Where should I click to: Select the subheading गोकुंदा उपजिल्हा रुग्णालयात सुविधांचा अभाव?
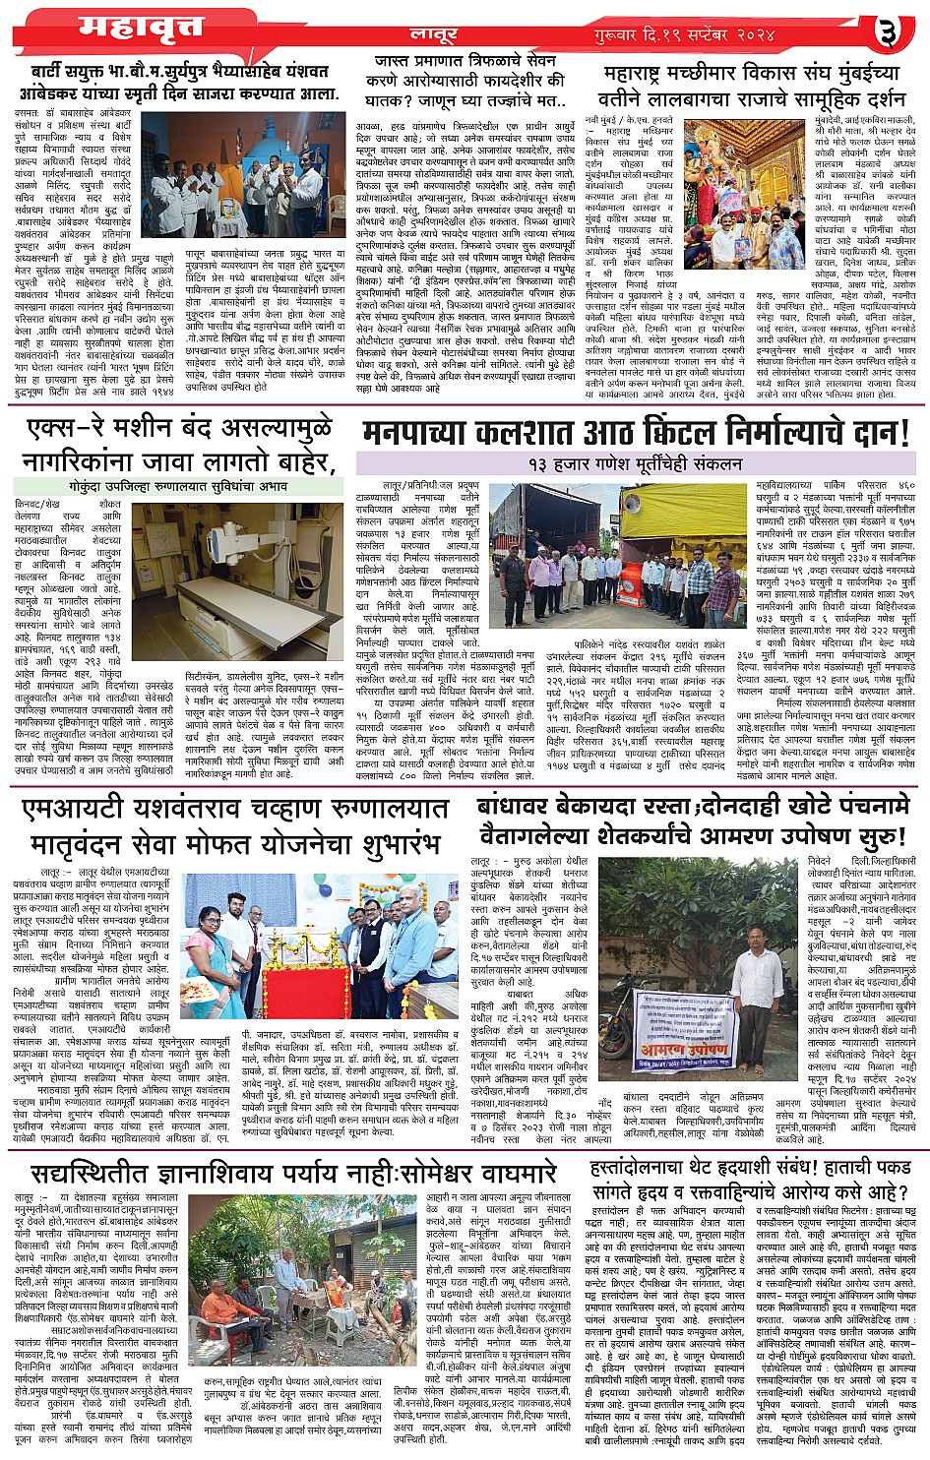(174, 484)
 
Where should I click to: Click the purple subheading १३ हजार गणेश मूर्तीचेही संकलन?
(634, 462)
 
